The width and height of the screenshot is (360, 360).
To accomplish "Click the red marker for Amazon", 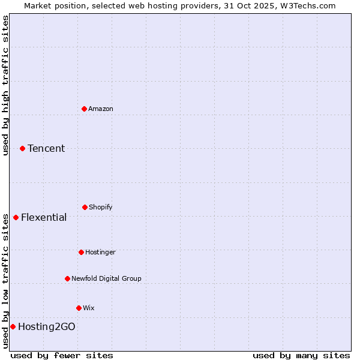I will coord(84,109).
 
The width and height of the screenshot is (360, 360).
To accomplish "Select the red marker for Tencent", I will coord(22,148).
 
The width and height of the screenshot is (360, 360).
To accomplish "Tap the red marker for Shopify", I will coord(85,207).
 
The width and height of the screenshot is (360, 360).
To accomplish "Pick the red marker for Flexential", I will coord(16,217).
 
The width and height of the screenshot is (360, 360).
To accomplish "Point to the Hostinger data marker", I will coord(81,252).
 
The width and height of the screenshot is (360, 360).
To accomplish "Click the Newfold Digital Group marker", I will coord(67,278).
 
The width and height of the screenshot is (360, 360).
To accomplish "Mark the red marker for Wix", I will coord(79,308).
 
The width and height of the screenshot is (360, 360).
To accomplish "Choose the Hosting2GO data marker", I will coord(13,326).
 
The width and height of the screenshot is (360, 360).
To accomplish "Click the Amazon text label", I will coord(101,109).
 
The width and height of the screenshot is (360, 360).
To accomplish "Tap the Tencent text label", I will coord(46,148).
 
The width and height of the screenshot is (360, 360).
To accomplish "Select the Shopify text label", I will coord(101,207).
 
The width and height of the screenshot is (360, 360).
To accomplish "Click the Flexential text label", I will coord(44,217).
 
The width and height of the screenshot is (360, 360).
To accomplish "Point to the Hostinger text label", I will coord(100,252).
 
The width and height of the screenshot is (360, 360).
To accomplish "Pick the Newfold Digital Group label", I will coord(106,278).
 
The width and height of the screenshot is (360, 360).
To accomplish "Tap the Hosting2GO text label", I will coord(47,326).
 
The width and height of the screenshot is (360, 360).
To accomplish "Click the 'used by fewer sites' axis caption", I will coord(62,355).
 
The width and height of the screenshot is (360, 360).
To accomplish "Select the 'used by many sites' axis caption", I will coord(301,355).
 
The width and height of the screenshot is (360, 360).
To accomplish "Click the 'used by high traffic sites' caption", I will coord(5,85).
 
